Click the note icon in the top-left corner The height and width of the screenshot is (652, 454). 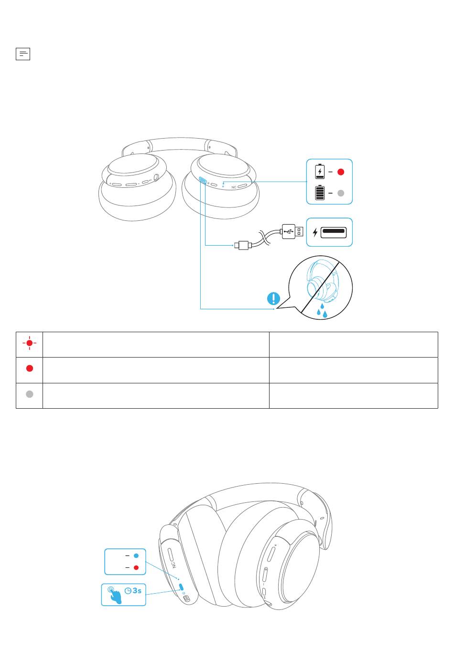pos(23,54)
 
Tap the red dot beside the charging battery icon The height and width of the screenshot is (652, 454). pos(341,172)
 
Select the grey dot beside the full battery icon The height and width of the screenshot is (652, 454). pos(341,193)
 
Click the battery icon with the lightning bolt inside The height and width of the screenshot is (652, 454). pos(320,171)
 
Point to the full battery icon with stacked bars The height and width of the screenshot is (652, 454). pos(320,193)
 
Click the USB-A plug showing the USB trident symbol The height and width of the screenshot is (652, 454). pos(292,232)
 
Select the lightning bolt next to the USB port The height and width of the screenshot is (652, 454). pos(315,232)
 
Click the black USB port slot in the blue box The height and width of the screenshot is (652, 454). pos(334,232)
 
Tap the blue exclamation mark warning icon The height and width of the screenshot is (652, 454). pos(273,299)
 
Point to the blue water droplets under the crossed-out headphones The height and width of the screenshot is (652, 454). pos(322,311)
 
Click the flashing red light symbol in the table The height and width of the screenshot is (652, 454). pos(29,343)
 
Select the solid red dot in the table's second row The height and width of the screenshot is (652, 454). pos(29,369)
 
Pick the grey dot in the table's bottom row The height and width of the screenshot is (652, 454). pos(29,394)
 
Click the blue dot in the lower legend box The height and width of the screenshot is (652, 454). pos(136,555)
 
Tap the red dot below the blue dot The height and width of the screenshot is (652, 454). pos(136,567)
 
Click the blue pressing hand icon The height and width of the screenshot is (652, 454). pos(114,595)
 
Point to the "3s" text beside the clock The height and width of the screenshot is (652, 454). pos(137,591)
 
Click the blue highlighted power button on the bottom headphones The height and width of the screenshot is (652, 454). pos(181,587)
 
